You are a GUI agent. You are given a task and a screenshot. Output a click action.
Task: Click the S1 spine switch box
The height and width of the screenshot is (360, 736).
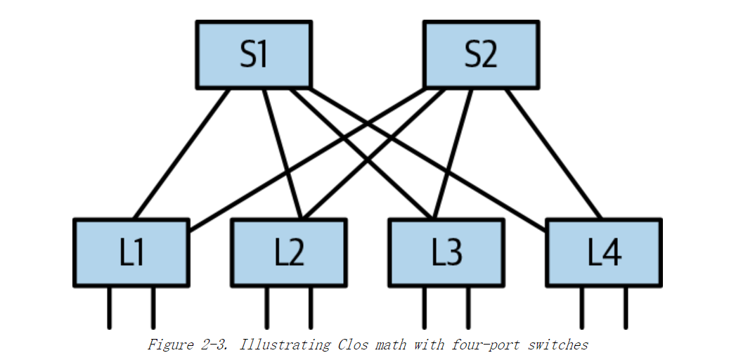[x=254, y=55]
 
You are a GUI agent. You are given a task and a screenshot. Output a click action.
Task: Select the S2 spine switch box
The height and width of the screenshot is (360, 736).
[x=481, y=55]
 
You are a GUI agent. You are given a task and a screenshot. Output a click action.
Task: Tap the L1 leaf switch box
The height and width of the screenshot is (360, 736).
[x=131, y=252]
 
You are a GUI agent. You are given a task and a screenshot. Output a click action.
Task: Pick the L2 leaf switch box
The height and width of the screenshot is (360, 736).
[x=288, y=252]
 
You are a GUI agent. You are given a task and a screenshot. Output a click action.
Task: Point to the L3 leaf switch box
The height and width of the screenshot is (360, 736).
[x=446, y=252]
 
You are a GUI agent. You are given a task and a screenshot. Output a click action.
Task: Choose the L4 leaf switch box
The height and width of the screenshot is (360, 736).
[x=603, y=252]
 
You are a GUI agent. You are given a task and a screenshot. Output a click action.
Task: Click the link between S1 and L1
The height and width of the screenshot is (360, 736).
[x=181, y=154]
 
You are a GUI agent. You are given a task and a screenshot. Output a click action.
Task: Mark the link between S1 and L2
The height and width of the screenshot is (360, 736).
[x=283, y=154]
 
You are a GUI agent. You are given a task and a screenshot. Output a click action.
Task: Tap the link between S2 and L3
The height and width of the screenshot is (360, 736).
[x=452, y=154]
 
